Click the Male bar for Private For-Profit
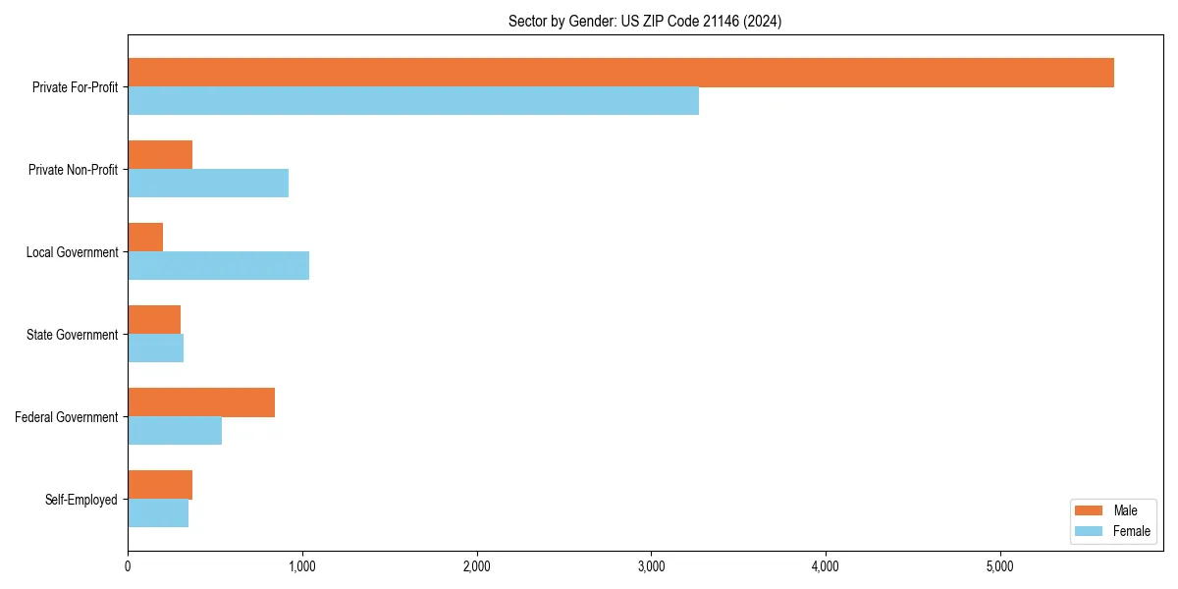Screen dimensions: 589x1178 pyautogui.click(x=620, y=73)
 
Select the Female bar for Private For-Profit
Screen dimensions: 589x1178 pyautogui.click(x=413, y=101)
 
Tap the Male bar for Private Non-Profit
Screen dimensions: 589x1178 pyautogui.click(x=160, y=155)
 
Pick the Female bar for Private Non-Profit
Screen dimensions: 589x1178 pyautogui.click(x=208, y=184)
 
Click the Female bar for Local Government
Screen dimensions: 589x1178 pyautogui.click(x=218, y=266)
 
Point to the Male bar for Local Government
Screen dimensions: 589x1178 pyautogui.click(x=145, y=238)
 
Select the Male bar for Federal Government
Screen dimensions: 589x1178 pyautogui.click(x=201, y=402)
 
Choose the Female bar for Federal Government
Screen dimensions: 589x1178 pyautogui.click(x=175, y=431)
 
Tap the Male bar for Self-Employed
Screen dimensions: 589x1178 pyautogui.click(x=160, y=485)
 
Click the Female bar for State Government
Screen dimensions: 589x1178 pyautogui.click(x=155, y=348)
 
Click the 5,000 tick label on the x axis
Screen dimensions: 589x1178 pyautogui.click(x=999, y=566)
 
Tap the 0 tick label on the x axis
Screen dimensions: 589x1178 pyautogui.click(x=128, y=566)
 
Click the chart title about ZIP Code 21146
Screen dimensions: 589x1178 pyautogui.click(x=645, y=21)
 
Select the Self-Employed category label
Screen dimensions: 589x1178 pyautogui.click(x=81, y=500)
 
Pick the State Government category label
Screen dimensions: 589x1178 pyautogui.click(x=73, y=335)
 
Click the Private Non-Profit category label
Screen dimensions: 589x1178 pyautogui.click(x=73, y=170)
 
